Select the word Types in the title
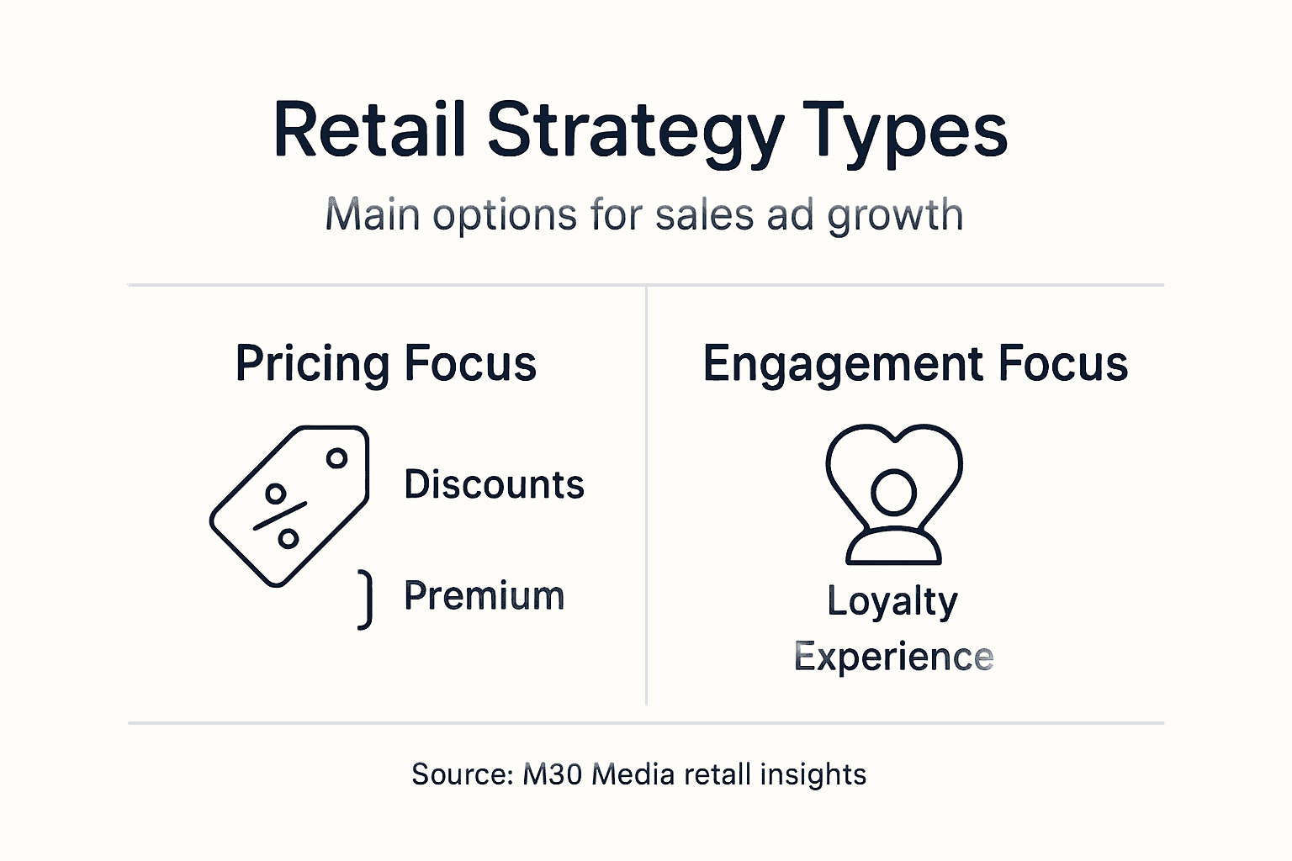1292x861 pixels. (x=905, y=131)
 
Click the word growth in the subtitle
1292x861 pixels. (x=895, y=215)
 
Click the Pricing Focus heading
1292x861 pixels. (x=386, y=363)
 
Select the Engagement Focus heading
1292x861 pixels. (x=915, y=363)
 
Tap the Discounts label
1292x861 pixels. (x=494, y=484)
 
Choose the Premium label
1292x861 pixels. (x=484, y=595)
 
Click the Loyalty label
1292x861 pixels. (x=892, y=602)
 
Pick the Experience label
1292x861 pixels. (x=893, y=657)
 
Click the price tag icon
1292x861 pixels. (x=289, y=505)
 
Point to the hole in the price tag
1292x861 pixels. (x=336, y=458)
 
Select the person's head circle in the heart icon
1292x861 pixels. (x=893, y=491)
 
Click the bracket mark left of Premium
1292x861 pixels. (x=365, y=599)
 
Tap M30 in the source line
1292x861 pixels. (x=552, y=774)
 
